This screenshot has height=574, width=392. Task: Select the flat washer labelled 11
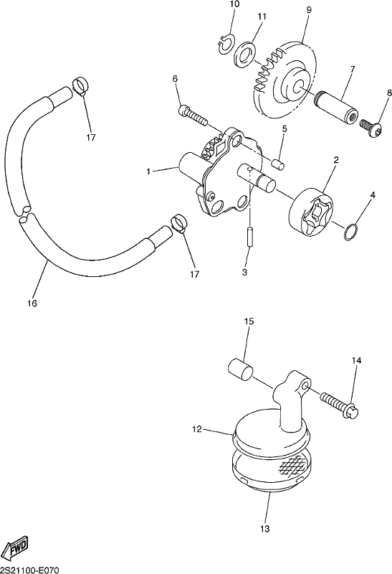click(243, 55)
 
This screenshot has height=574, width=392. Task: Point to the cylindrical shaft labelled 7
click(337, 107)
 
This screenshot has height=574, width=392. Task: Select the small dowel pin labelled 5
click(279, 164)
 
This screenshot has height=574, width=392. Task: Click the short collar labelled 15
click(240, 369)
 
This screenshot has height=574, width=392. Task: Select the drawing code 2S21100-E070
click(29, 570)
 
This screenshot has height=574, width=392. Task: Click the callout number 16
click(32, 303)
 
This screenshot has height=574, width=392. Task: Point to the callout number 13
click(264, 529)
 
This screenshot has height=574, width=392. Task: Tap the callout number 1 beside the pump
click(148, 171)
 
